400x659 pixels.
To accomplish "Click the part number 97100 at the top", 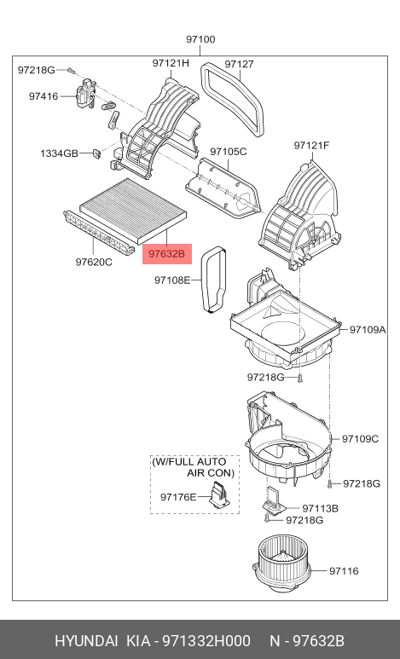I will (200, 39).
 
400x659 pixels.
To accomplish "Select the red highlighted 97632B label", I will (167, 253).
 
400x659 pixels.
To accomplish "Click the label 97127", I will (239, 64).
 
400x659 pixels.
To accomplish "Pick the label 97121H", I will (171, 64).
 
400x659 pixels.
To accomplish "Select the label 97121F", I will (311, 146).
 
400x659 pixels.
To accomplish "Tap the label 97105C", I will (228, 151).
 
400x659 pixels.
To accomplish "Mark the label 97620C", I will (94, 262).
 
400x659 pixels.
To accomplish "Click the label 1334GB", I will (59, 153).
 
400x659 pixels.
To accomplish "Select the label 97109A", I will (368, 328).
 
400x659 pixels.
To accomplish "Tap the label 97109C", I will (360, 439).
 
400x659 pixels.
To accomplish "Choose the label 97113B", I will (320, 507).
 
